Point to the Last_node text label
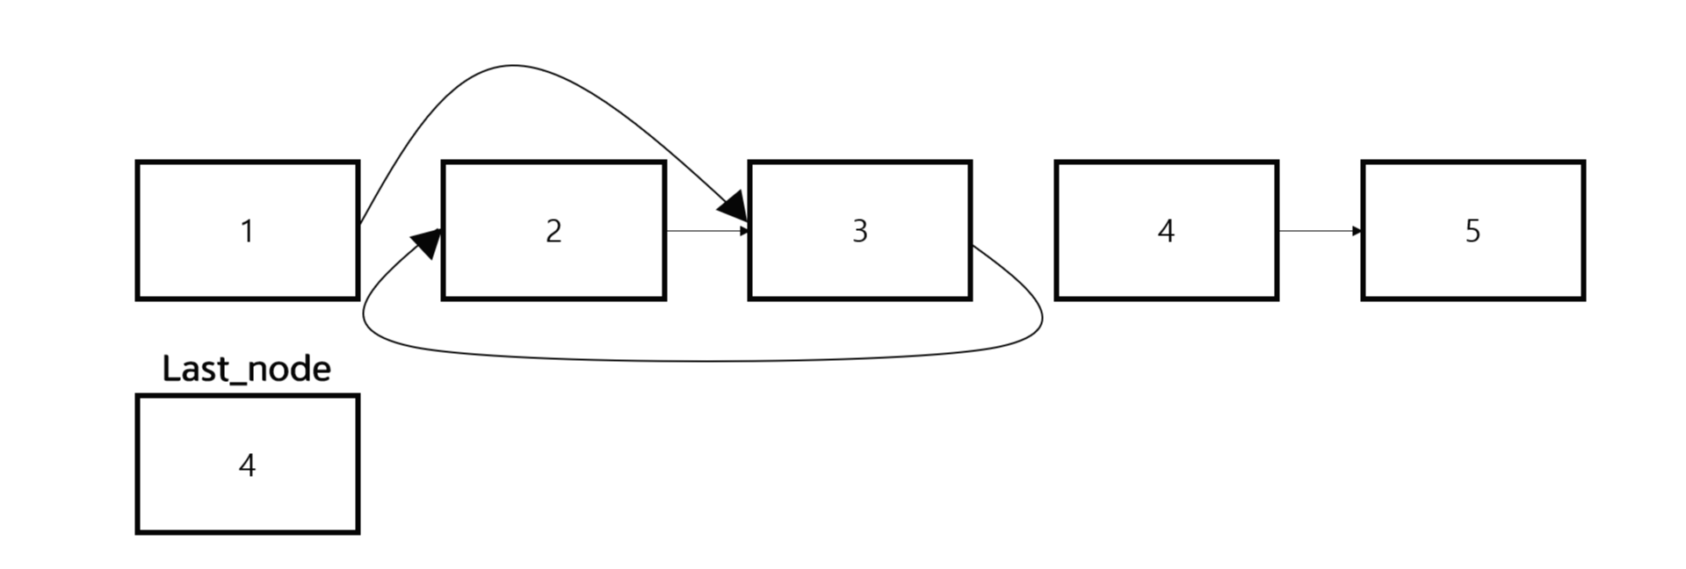click(247, 369)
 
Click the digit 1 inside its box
click(247, 231)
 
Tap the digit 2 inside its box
click(554, 231)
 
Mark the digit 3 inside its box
click(859, 231)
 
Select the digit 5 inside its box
click(1473, 231)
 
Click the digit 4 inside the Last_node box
click(247, 465)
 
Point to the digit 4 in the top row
click(1166, 231)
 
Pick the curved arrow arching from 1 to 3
click(514, 66)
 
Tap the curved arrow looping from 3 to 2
click(703, 360)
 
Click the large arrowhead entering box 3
click(734, 207)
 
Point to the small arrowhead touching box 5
click(1357, 231)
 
